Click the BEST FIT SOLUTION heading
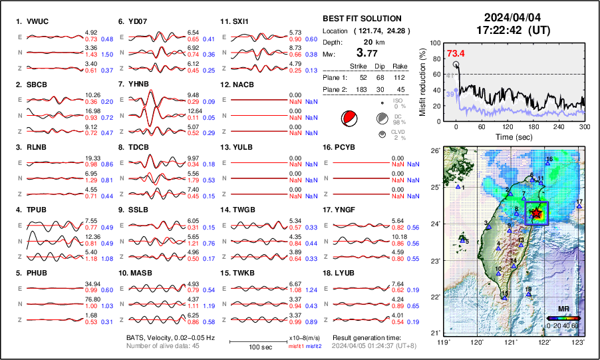pos(362,19)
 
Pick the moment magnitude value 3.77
pos(369,53)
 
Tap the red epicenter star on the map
pos(536,213)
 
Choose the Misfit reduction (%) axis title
pos(423,81)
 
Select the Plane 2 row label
pos(334,89)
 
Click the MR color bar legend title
pos(562,309)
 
